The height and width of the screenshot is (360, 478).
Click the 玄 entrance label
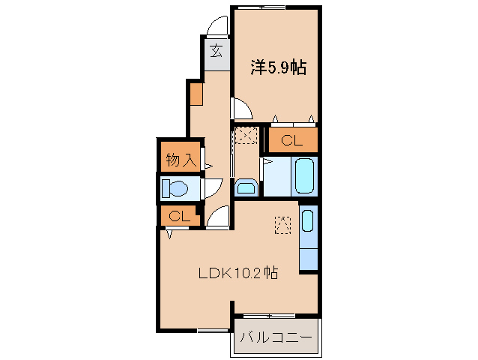point(216,51)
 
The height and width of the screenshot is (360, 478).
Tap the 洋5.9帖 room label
point(276,67)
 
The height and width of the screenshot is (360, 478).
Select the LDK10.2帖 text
point(238,274)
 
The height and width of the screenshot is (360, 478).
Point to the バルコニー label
point(275,338)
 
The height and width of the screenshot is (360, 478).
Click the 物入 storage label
point(181,159)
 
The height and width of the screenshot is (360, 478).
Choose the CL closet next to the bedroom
point(292,139)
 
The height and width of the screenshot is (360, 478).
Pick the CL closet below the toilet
point(178,216)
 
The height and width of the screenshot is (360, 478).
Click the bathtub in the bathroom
point(305,175)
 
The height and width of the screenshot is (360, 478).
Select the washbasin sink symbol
point(246,187)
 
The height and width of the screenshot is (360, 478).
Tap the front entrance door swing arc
point(218,27)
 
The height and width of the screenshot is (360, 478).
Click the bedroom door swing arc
point(242,110)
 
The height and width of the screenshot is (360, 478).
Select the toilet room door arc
point(212,187)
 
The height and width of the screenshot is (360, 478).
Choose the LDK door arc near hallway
point(218,217)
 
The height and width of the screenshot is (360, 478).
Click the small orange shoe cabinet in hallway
point(196,94)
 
